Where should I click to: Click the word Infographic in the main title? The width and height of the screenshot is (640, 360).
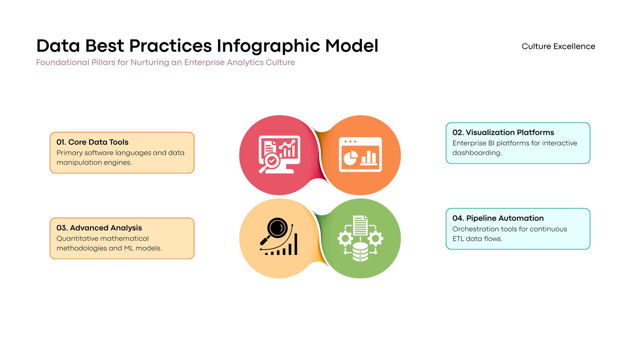[268, 46]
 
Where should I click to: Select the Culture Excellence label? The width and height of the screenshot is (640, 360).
[558, 46]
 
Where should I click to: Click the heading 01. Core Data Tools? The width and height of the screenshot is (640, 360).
[92, 142]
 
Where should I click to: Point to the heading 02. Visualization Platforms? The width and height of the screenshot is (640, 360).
[503, 132]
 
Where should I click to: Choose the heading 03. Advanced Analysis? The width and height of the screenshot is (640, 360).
[99, 228]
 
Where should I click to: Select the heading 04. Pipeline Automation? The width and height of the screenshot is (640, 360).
[498, 218]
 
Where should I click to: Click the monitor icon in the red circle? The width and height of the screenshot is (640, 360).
[279, 154]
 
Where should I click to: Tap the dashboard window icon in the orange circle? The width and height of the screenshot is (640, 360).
[360, 154]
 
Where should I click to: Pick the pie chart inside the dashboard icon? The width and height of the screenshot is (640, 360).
[350, 158]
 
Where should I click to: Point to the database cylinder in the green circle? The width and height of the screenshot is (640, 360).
[360, 252]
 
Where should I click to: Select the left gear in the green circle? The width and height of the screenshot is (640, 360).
[345, 238]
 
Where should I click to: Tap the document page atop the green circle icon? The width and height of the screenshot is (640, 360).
[360, 226]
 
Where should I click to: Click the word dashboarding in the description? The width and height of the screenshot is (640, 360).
[477, 153]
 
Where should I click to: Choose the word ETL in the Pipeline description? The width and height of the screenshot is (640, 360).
[458, 238]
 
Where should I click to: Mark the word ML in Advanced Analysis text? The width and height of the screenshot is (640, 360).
[128, 248]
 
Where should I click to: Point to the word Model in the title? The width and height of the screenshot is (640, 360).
[352, 46]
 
